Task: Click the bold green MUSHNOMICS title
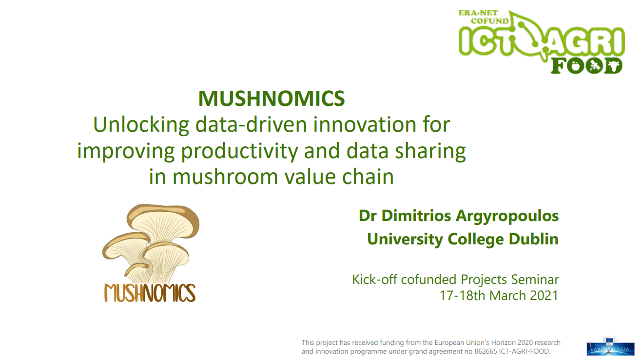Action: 272,99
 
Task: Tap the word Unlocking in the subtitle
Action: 141,125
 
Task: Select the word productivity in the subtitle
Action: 239,151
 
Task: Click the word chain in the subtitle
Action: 368,177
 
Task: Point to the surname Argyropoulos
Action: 507,216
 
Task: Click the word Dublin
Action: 534,239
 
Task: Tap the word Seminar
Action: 535,280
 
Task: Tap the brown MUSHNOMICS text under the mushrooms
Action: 150,293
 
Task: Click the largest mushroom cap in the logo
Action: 163,218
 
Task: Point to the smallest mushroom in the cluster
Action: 136,272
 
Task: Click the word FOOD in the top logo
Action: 586,65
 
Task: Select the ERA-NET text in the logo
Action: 478,13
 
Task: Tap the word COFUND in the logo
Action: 490,21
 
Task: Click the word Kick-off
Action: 374,280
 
